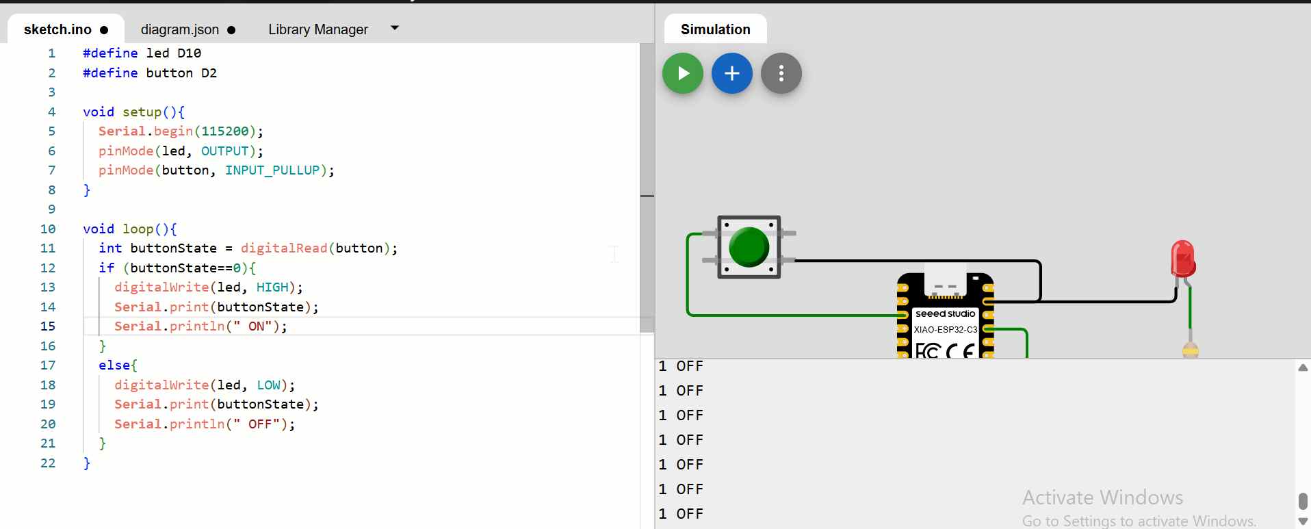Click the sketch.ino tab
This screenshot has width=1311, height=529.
point(58,29)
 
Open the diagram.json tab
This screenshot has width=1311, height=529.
point(180,29)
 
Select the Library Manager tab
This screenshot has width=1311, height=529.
point(318,29)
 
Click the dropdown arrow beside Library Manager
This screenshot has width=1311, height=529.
point(394,28)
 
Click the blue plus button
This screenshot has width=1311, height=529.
point(731,73)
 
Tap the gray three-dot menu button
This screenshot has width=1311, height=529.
point(781,73)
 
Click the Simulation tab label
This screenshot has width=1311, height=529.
point(715,29)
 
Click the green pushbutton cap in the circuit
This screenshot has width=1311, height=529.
point(749,246)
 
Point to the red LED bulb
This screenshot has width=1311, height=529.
point(1182,258)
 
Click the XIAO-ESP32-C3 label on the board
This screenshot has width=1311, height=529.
point(945,330)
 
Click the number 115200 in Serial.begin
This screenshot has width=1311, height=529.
point(225,131)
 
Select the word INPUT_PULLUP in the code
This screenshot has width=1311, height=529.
point(272,170)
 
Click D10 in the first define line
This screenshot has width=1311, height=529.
point(189,53)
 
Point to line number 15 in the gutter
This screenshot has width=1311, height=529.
point(48,326)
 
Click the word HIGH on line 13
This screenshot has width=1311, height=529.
point(272,287)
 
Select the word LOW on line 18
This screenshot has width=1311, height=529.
point(269,385)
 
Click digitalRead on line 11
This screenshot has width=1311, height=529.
point(284,248)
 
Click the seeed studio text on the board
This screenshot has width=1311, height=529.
point(945,314)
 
